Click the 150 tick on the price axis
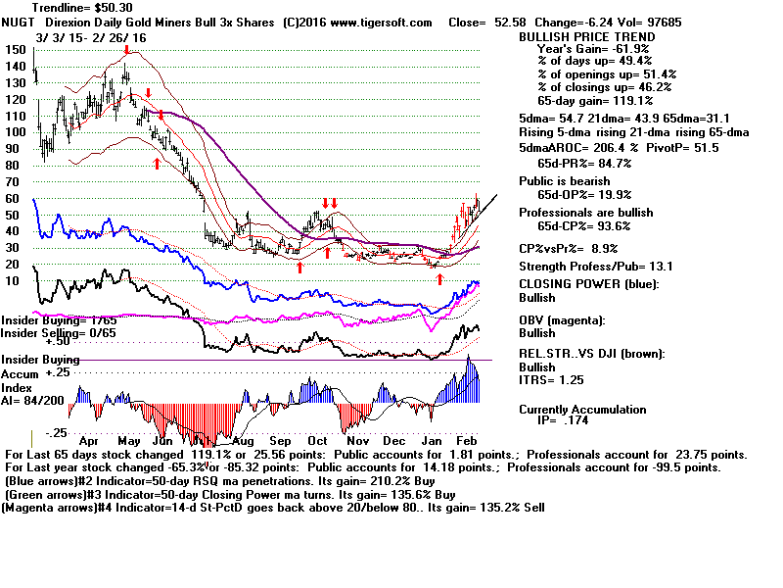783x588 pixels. (15, 50)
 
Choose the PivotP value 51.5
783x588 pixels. (699, 147)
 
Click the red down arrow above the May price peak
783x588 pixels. (126, 52)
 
